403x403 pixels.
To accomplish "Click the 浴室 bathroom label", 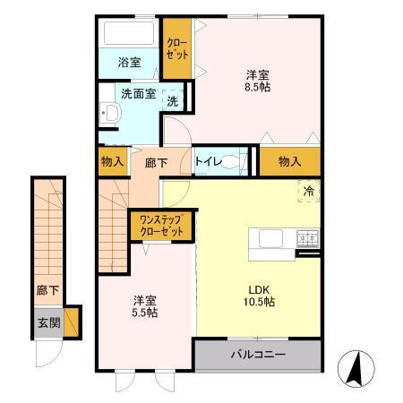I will coord(130,63).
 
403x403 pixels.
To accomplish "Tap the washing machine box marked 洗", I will coord(173,101).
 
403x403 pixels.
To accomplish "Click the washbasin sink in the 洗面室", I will coord(111,114).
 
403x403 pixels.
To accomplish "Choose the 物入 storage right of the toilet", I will coord(289,161).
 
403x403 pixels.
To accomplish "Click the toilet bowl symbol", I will coord(232,162).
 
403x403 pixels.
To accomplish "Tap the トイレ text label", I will coord(208,162).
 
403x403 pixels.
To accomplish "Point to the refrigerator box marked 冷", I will coord(308,191).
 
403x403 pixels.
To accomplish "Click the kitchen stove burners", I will coord(307,238).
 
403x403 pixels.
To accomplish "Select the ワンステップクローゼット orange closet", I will coord(161,225).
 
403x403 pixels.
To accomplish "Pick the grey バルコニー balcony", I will coord(258,355).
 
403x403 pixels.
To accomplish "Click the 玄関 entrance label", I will coord(47,322).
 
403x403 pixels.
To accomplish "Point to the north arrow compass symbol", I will coord(356,367).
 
